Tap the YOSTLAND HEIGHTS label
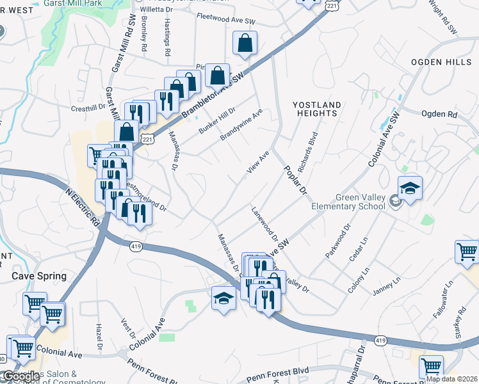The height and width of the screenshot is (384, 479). pos(315,109)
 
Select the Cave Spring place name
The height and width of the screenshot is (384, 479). pos(40,276)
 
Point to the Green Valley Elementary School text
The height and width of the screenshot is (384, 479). pos(348,202)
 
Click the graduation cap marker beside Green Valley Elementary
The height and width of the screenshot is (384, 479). pos(410,189)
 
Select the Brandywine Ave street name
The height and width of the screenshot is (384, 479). pos(241,125)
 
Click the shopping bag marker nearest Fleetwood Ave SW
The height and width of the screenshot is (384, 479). pos(245,44)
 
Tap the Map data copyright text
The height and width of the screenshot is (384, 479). pos(451,379)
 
